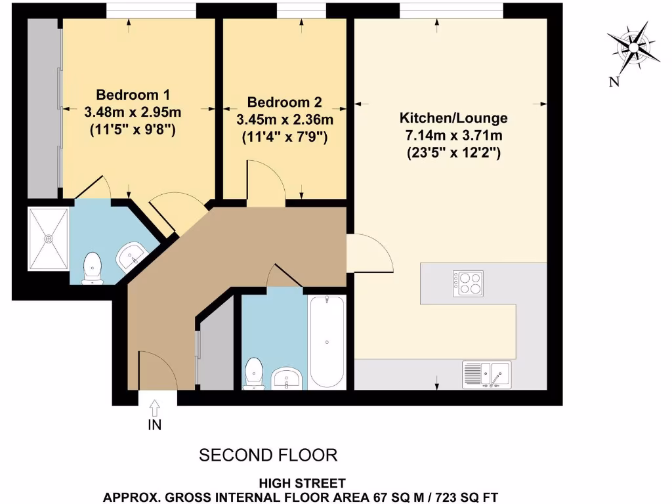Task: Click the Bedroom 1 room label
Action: (133, 94)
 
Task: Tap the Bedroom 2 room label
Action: (284, 102)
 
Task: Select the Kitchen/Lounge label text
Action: (453, 119)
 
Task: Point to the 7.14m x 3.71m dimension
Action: (453, 136)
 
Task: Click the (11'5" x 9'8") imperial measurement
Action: (133, 130)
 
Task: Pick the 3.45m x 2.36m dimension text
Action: (284, 120)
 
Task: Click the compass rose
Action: (634, 47)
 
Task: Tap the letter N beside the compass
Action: (614, 81)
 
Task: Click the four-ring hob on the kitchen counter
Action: (467, 283)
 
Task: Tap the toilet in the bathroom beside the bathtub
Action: (253, 374)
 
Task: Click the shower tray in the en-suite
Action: (49, 239)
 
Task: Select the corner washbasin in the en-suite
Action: (133, 257)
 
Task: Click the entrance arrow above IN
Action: (154, 408)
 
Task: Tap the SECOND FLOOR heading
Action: (268, 455)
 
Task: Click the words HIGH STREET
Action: (303, 484)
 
